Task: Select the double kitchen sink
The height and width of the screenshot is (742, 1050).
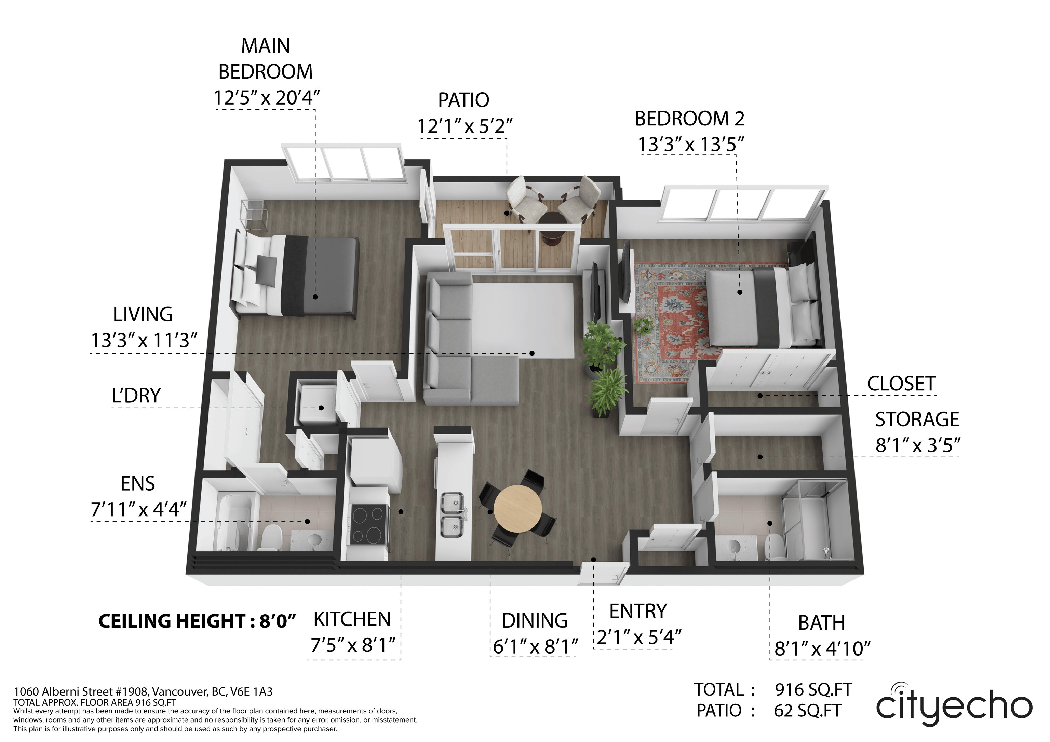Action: [x=452, y=515]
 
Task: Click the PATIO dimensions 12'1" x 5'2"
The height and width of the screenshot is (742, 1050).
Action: [x=465, y=126]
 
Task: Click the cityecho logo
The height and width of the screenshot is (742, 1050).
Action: [x=954, y=706]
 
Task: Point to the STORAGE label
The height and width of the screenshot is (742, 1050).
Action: [x=917, y=419]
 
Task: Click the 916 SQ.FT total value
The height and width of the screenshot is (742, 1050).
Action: [x=813, y=689]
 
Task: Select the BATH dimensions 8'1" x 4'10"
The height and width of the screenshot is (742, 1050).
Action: [x=822, y=648]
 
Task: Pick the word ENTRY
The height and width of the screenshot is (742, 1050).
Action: [x=638, y=611]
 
